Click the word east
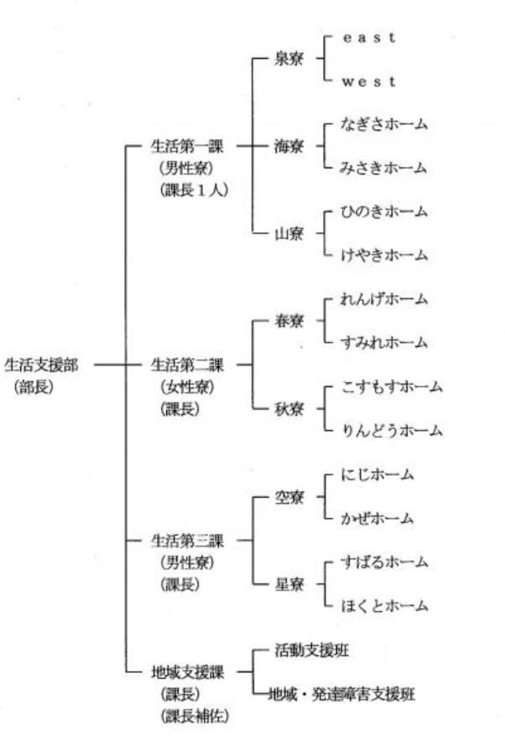[367, 38]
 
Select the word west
[367, 81]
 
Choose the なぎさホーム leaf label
[383, 124]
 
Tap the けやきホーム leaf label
[383, 255]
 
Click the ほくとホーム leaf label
[383, 606]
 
